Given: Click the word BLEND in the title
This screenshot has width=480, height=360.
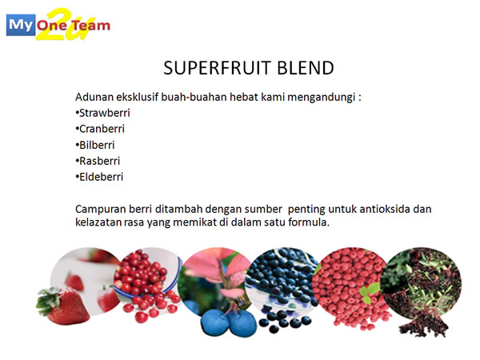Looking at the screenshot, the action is [x=306, y=68].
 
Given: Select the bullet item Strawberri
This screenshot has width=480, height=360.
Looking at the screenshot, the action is [x=103, y=113].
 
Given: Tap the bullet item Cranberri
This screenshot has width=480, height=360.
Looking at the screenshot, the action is [x=100, y=129].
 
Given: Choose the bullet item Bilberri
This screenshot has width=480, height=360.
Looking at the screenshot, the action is [x=95, y=145].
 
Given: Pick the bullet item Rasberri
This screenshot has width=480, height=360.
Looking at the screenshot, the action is [x=98, y=161].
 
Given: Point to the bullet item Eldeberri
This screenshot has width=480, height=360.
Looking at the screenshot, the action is [x=99, y=177].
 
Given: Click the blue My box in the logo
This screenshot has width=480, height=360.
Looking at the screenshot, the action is [x=21, y=25].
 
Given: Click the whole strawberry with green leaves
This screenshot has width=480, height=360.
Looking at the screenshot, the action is [x=62, y=306].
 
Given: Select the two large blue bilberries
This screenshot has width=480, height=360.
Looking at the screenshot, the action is [x=229, y=322].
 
